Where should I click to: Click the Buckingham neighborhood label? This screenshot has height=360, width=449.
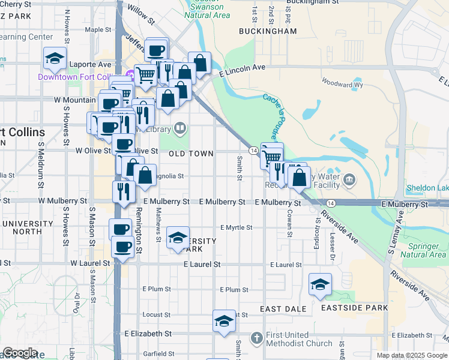tap(268, 31)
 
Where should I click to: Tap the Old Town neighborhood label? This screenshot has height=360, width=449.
tap(191, 154)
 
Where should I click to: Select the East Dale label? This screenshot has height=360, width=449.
tap(283, 308)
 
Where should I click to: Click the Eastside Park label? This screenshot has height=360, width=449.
tap(354, 308)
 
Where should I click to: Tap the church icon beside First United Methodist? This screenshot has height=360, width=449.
tap(257, 337)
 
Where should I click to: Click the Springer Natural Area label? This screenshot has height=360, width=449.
tap(427, 250)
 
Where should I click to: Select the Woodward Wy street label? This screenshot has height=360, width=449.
tap(342, 85)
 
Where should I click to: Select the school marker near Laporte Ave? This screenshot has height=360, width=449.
tap(55, 59)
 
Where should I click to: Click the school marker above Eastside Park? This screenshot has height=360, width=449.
tap(321, 284)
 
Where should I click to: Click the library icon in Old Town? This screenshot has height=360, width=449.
tap(180, 128)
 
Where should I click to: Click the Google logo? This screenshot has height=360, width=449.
tap(20, 353)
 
